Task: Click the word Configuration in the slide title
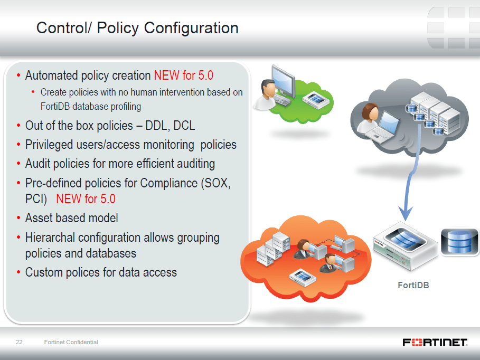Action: click(191, 28)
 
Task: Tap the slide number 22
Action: click(19, 342)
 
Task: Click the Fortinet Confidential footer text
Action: click(71, 342)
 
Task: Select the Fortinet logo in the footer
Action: click(435, 342)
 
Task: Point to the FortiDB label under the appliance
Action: click(413, 285)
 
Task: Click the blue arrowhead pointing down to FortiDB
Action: click(406, 213)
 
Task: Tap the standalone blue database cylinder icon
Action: click(459, 241)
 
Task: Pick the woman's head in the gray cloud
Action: click(370, 111)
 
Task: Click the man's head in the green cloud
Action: click(268, 88)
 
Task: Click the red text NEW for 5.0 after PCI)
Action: click(86, 199)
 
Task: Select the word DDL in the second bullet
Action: click(157, 126)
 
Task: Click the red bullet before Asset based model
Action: click(18, 218)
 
